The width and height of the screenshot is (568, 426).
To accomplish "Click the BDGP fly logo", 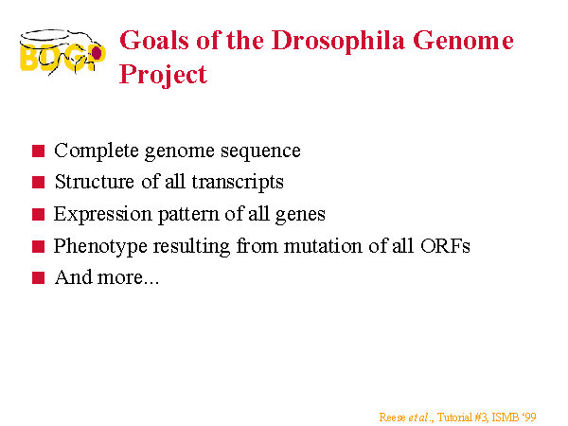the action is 62,52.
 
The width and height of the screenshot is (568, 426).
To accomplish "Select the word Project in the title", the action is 163,75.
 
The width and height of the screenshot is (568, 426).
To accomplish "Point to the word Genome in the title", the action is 463,40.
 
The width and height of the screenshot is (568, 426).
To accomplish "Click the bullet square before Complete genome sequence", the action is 38,151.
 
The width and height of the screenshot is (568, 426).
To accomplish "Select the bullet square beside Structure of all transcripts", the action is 38,182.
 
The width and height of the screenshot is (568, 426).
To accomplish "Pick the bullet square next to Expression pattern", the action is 38,214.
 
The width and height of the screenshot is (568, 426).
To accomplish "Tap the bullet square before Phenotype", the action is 38,246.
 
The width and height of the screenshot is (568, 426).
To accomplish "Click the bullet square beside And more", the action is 38,277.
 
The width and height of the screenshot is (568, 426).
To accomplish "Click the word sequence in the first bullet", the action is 261,151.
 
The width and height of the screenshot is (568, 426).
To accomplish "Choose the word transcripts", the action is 238,182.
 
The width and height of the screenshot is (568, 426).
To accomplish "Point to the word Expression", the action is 103,215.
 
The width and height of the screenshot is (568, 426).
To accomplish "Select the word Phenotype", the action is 100,247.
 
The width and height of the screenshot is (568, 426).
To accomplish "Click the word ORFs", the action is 445,246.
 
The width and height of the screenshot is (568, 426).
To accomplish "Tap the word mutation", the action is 323,246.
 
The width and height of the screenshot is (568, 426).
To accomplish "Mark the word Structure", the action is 94,182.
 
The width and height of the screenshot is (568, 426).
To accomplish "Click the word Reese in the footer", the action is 392,417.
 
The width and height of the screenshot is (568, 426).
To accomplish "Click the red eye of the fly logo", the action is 97,53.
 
